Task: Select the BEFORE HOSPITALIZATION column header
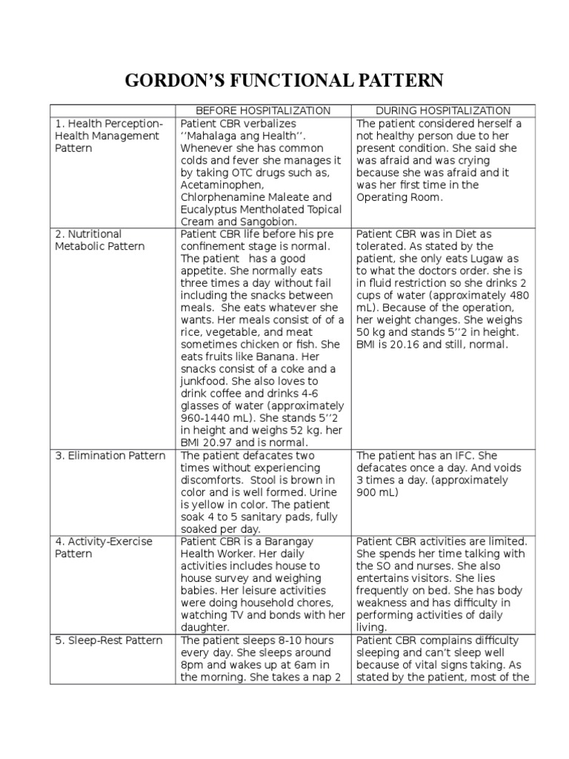point(262,110)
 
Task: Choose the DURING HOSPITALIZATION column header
point(442,110)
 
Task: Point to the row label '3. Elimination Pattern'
point(110,455)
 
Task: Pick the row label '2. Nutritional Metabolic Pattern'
point(100,240)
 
